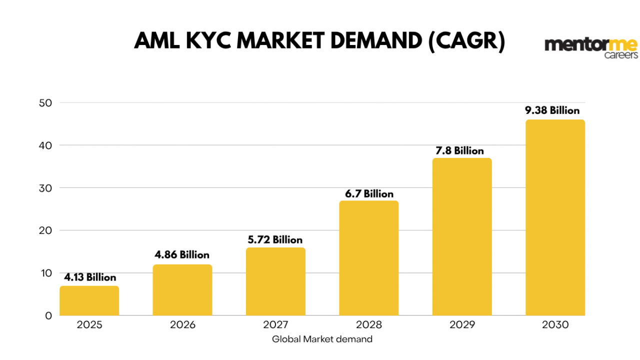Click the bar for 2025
point(89,300)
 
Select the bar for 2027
point(275,281)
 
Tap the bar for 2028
point(369,258)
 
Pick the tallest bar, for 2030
point(555,217)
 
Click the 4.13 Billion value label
point(90,277)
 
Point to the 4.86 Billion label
point(182,255)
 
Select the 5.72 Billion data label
point(275,240)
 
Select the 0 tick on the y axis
point(48,315)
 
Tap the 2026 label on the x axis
point(182,325)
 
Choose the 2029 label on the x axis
point(462,325)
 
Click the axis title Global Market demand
point(322,339)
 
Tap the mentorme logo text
point(591,45)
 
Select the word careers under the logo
point(621,55)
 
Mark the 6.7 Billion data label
point(369,194)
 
